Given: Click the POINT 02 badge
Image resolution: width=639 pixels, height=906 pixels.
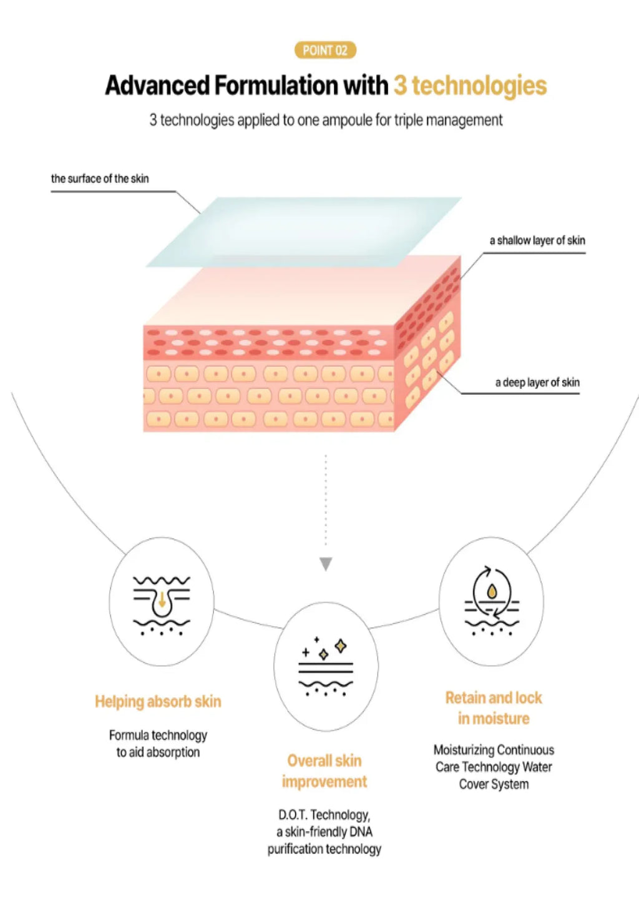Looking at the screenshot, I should click(x=325, y=51).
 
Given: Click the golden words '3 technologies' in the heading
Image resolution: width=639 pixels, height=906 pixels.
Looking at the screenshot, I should click(x=470, y=86).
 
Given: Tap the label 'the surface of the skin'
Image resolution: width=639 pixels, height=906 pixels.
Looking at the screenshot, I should click(x=100, y=179).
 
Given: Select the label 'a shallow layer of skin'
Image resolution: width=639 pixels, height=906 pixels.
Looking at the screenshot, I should click(x=537, y=240).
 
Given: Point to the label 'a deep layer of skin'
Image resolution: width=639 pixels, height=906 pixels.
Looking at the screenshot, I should click(x=537, y=382).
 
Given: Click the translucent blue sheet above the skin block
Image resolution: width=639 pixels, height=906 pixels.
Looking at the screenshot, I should click(x=304, y=231).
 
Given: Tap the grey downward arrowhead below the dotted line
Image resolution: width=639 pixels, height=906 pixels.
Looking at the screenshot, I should click(x=326, y=564).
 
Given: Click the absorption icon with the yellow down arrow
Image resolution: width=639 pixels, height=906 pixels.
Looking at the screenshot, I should click(x=162, y=603).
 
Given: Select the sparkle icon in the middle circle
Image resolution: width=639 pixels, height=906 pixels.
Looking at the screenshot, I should click(x=326, y=666).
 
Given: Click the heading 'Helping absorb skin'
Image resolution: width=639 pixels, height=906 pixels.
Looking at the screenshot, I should click(x=158, y=701).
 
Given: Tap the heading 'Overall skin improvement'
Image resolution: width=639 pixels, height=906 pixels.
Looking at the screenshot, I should click(x=324, y=771).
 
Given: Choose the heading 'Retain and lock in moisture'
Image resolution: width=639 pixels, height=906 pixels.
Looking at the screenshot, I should click(x=494, y=708).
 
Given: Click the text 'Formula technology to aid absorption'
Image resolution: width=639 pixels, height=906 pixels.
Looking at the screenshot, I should click(x=158, y=744).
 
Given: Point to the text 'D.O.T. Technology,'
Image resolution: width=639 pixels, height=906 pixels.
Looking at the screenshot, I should click(x=324, y=815).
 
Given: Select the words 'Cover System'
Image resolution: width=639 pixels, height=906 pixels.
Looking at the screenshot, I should click(x=494, y=784).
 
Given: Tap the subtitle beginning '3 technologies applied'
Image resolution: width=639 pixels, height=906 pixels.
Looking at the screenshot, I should click(x=326, y=120).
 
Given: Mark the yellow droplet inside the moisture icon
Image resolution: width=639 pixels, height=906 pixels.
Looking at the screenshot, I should click(x=492, y=590).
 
